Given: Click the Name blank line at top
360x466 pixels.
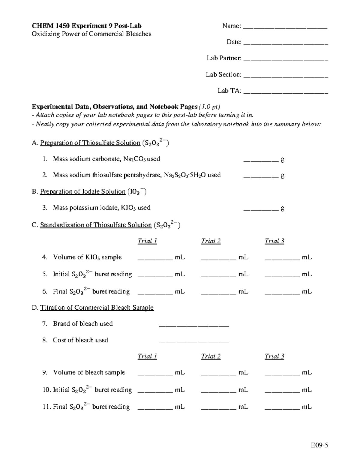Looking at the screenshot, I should point(285,28).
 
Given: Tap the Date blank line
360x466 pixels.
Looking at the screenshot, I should point(286,44).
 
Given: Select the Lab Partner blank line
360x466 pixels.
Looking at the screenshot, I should point(286,60).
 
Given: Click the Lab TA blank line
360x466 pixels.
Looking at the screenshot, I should point(286,92).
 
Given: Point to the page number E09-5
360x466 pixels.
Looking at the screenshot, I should point(319,445).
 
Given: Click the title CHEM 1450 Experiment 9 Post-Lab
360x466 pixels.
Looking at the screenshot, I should point(87,26).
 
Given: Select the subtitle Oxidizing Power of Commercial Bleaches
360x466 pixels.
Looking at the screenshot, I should point(91,34).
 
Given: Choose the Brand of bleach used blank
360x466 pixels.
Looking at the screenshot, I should point(193,325).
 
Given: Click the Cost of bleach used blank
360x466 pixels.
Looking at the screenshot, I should point(193,342).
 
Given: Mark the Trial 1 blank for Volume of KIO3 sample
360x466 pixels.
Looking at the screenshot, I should point(155,259).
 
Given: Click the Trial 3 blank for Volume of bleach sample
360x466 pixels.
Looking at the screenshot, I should point(282,374).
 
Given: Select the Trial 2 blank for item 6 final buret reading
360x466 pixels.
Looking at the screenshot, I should point(218,293).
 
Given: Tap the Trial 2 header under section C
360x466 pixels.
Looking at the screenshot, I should point(211,241).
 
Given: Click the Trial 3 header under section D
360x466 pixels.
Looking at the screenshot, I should point(274,356).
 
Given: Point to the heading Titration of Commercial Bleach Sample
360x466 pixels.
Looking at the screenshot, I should point(97,308).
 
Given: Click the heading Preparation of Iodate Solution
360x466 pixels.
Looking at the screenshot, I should point(83,191).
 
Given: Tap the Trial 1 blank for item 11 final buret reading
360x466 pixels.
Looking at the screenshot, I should point(155,409).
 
